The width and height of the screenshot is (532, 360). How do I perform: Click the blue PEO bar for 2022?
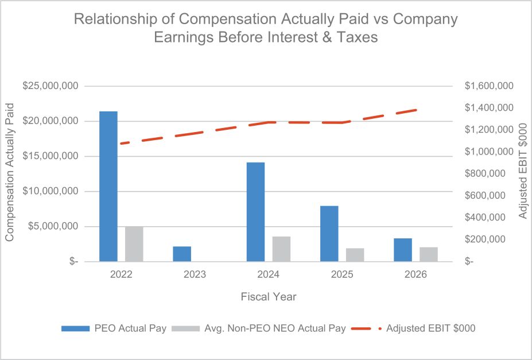click(x=108, y=186)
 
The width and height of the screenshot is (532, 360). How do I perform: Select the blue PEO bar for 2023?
click(x=182, y=254)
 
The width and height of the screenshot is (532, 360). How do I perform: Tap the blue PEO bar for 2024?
click(x=255, y=212)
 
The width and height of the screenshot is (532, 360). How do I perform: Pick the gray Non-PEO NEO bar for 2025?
click(x=355, y=255)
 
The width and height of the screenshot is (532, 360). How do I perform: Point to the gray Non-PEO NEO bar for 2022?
click(x=134, y=244)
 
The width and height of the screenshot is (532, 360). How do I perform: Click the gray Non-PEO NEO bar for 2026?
click(x=429, y=254)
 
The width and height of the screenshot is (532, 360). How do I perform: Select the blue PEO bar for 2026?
click(x=403, y=250)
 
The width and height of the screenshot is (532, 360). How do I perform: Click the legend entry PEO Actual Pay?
click(x=114, y=328)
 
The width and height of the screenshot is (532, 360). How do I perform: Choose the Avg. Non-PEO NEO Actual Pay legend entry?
click(x=259, y=328)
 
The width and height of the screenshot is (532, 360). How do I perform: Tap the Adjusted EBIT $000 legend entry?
click(x=413, y=328)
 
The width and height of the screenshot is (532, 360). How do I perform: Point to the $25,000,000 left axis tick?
click(x=51, y=86)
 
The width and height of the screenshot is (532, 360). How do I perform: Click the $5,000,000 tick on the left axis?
click(x=53, y=226)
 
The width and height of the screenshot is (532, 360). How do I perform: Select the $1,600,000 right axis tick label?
click(x=490, y=86)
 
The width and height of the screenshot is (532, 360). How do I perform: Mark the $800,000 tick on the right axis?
click(x=485, y=174)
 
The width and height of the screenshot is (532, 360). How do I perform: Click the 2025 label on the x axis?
click(x=342, y=274)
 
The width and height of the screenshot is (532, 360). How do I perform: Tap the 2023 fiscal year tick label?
click(x=195, y=274)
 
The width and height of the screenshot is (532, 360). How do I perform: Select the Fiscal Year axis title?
click(x=269, y=296)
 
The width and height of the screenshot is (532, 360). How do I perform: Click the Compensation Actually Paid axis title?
click(x=10, y=172)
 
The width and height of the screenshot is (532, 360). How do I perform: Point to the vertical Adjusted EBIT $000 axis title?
click(x=523, y=171)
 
